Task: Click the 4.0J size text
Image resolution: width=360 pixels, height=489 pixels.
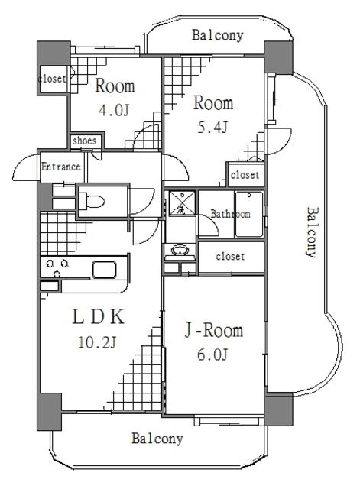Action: tap(114, 112)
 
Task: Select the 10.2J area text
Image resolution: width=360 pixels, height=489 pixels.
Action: tap(97, 342)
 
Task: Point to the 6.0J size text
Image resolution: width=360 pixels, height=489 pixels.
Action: tap(213, 355)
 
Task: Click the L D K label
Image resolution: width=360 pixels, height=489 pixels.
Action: tap(97, 316)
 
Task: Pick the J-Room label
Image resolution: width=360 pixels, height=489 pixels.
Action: tap(214, 331)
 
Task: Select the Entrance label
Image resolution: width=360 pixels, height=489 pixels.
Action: tap(61, 167)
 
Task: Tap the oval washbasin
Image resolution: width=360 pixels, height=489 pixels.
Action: tap(180, 249)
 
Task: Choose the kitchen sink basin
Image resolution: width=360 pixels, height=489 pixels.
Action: tap(104, 269)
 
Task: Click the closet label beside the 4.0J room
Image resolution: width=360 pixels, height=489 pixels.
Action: tap(53, 78)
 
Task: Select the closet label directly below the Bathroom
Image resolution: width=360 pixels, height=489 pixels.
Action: tap(230, 257)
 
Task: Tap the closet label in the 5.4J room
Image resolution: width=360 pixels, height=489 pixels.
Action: tap(245, 175)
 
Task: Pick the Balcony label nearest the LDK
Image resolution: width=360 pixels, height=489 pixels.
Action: tap(157, 439)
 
